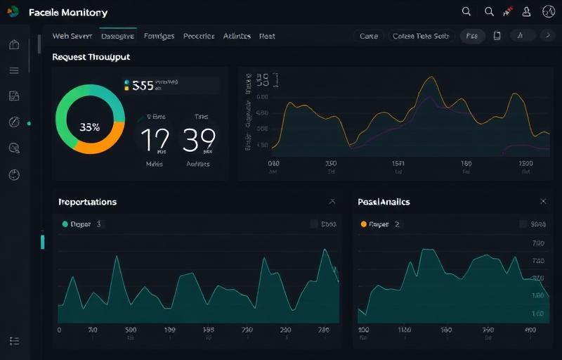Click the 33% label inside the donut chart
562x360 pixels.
click(x=90, y=127)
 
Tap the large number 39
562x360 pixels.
click(x=199, y=140)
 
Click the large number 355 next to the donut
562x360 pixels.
click(x=143, y=86)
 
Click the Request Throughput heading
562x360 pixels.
click(x=91, y=57)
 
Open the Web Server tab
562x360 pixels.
click(x=72, y=36)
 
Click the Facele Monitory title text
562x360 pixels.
click(x=68, y=13)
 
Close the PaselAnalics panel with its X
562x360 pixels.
click(x=543, y=202)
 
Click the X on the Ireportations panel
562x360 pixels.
click(x=332, y=202)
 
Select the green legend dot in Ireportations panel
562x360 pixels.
click(x=65, y=224)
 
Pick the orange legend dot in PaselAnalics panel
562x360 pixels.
click(x=363, y=224)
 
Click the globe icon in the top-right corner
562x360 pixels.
click(x=549, y=12)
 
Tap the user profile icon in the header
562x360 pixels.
click(x=526, y=12)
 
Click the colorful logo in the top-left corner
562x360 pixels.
click(x=13, y=11)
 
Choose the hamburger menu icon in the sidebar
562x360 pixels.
click(x=14, y=70)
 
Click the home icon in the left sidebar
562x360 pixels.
click(x=14, y=45)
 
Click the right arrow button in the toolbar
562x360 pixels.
click(x=544, y=36)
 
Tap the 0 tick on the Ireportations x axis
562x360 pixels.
click(x=59, y=329)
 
